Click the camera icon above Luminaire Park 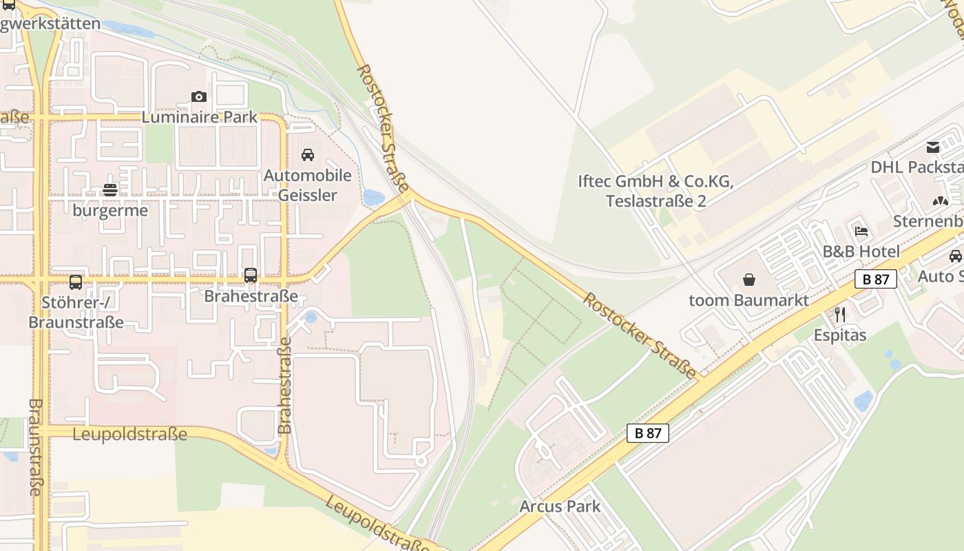pos(198,96)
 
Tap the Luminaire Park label pos(200,117)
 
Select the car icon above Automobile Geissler pos(308,154)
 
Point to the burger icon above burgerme pos(110,189)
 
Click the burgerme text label pos(110,210)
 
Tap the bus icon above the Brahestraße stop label pos(251,275)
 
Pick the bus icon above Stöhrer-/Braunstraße pos(76,282)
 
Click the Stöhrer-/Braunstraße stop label pos(76,312)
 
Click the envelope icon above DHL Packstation pos(933,147)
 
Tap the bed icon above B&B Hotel pos(861,231)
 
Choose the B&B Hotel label pos(861,251)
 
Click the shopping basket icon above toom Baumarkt pos(749,280)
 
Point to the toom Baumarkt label pos(749,300)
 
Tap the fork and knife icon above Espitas pos(839,315)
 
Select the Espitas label pos(839,335)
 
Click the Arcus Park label pos(560,506)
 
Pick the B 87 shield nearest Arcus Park pos(648,433)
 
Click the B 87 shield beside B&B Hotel pos(876,279)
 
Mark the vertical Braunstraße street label pos(36,447)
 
